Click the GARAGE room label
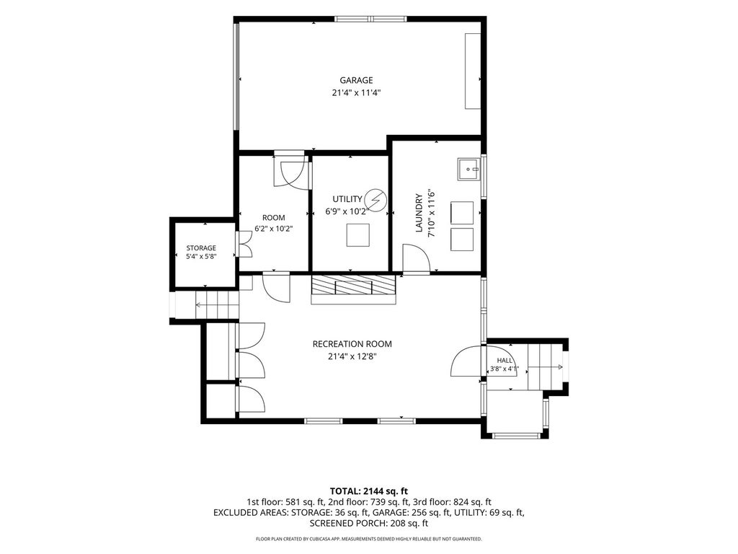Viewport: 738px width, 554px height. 356,80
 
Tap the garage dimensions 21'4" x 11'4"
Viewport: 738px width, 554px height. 356,93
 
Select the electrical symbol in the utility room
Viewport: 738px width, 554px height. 376,201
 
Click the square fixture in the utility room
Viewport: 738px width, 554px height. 357,235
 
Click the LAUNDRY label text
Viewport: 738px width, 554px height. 419,213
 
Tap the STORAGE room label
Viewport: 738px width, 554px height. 201,248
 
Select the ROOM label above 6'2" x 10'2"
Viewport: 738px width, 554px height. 273,218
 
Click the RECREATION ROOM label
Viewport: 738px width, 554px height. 352,344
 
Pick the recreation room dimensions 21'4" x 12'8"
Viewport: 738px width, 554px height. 352,356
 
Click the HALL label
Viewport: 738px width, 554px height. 504,361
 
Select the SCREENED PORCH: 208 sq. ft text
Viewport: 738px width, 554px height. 368,523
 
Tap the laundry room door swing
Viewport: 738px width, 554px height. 416,258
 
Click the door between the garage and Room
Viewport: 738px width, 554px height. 291,171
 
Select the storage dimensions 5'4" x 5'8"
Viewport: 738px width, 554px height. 201,257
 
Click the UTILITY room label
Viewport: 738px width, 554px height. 347,199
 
